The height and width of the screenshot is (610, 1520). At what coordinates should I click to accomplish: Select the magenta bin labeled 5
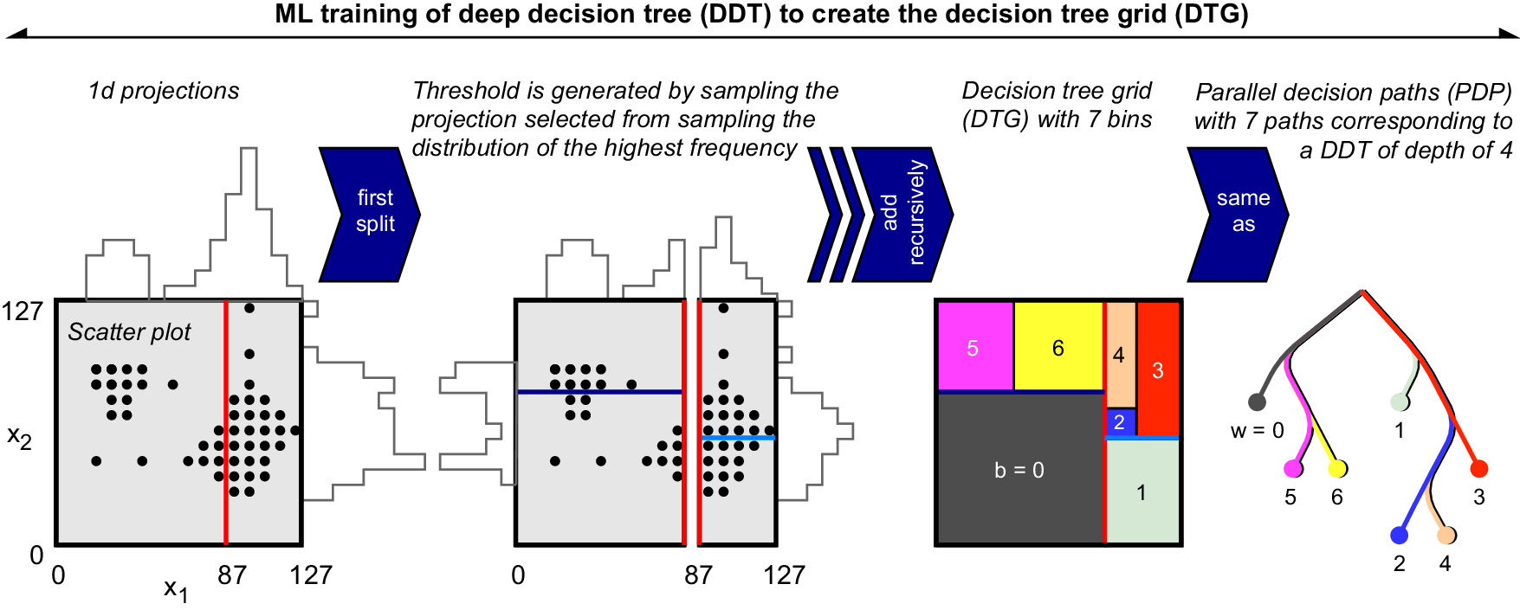tap(974, 347)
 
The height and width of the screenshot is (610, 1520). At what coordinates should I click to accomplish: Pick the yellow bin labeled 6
tap(1058, 347)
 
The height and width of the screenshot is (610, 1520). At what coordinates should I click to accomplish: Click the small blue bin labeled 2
tap(1120, 422)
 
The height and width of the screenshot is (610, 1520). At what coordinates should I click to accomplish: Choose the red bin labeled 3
tap(1158, 370)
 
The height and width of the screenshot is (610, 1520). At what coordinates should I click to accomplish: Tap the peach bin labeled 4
tap(1120, 355)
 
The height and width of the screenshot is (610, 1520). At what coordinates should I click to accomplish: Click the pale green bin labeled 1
tap(1142, 492)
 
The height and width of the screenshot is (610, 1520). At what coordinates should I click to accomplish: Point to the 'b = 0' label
tap(1019, 470)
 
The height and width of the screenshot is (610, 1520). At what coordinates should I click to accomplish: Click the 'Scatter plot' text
tap(129, 332)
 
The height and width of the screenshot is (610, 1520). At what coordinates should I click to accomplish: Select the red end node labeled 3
tap(1479, 469)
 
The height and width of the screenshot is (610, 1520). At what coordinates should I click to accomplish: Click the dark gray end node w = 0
tap(1257, 401)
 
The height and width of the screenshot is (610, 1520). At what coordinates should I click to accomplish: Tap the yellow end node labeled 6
tap(1337, 469)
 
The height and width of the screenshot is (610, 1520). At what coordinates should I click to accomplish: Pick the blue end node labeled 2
tap(1399, 536)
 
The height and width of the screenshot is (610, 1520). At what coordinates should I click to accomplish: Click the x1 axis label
tap(176, 589)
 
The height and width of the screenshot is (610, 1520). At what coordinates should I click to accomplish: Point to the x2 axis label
tap(20, 437)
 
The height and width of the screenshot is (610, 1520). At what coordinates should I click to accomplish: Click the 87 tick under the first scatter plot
tap(232, 575)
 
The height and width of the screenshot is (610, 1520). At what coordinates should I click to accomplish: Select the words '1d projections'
tap(164, 91)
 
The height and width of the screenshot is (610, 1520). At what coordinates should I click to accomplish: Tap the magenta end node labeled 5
tap(1292, 469)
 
